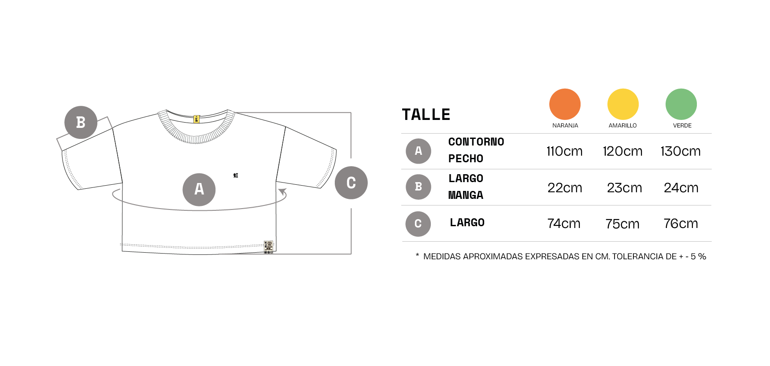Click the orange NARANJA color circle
pos(565,104)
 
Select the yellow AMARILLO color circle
pos(623,104)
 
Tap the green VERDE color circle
pos(681,104)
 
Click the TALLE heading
pos(426,115)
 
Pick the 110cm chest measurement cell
pos(564,151)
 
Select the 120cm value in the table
pos(622,151)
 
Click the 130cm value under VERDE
pos(681,151)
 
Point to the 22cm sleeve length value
pos(565,188)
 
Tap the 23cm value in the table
pos(624,188)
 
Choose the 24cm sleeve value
pos(681,188)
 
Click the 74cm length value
pos(564,224)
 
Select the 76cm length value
pos(681,224)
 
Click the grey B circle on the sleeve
pos(81,122)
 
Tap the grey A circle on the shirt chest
pos(199,189)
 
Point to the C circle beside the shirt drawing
pos(351,183)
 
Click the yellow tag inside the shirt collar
pos(196,119)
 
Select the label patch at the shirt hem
pos(268,247)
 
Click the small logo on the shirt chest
pos(236,176)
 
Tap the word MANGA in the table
pos(466,195)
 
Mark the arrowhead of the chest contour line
pos(283,192)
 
